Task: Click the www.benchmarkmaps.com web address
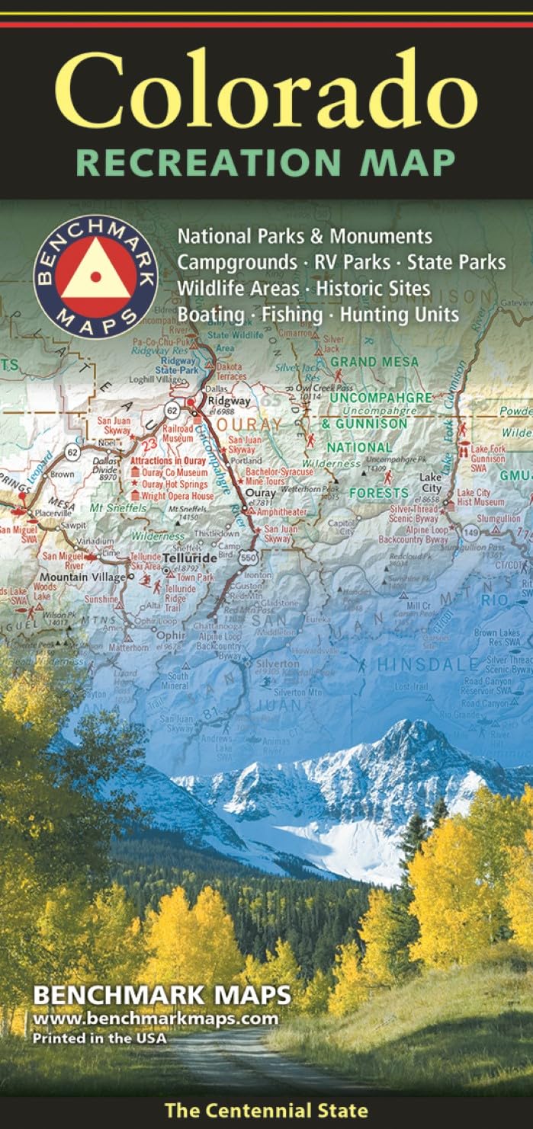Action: coord(156,1019)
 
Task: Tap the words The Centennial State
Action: coord(266,1111)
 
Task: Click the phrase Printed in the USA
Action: coord(99,1037)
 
